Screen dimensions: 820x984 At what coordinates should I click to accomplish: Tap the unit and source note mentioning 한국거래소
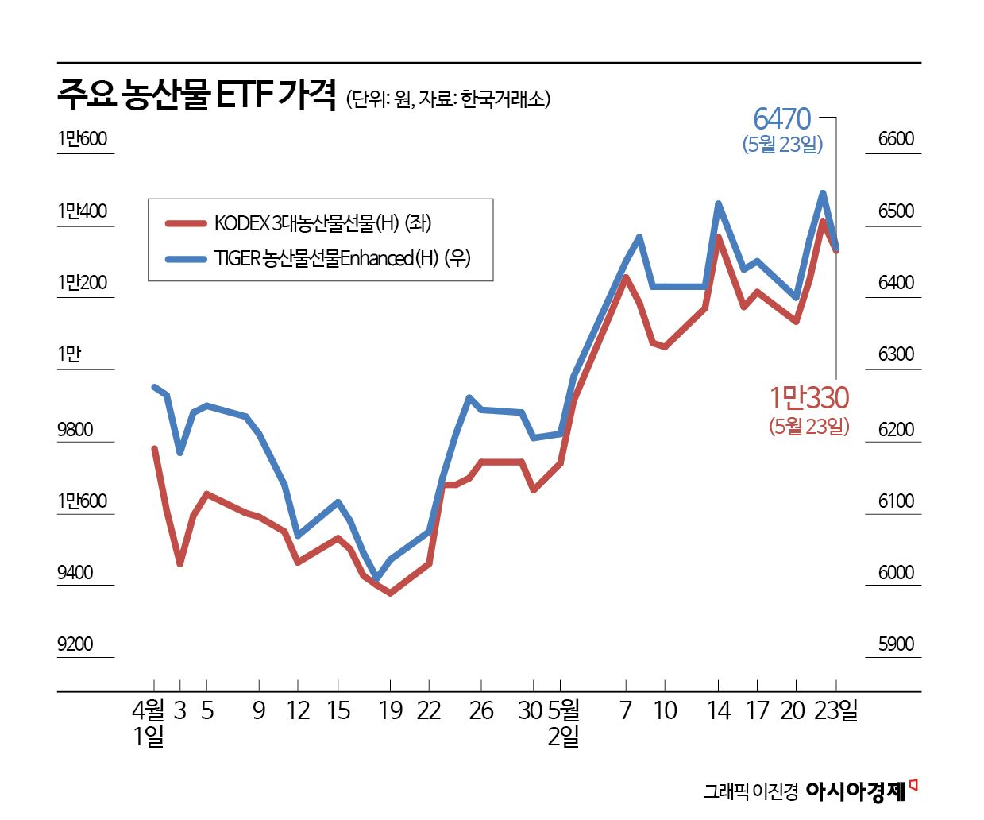[x=449, y=99]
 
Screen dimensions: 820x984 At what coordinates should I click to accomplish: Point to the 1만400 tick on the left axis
[x=82, y=211]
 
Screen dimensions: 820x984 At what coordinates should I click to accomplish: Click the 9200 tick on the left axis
[x=75, y=644]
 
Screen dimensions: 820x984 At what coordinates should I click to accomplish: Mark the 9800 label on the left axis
[x=75, y=429]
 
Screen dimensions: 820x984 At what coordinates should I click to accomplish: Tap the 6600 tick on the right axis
[x=896, y=139]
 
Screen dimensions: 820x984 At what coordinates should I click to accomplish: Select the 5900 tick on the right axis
[x=896, y=644]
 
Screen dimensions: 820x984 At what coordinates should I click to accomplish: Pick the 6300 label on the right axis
[x=896, y=354]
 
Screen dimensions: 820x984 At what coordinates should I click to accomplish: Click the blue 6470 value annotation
[x=782, y=119]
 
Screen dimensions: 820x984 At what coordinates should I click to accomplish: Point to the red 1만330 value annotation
[x=808, y=397]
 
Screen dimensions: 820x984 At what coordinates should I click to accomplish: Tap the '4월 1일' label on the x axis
[x=149, y=722]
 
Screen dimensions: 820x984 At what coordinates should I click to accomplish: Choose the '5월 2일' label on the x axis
[x=563, y=722]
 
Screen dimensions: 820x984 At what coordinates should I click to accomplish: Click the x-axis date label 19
[x=390, y=710]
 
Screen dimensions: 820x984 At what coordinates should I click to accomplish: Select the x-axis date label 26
[x=481, y=710]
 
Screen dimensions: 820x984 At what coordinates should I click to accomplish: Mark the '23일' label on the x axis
[x=836, y=710]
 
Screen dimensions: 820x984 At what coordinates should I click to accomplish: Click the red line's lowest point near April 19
[x=390, y=593]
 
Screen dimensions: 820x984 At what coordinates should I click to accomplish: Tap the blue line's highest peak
[x=823, y=193]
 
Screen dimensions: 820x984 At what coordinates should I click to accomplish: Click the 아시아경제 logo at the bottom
[x=856, y=791]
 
